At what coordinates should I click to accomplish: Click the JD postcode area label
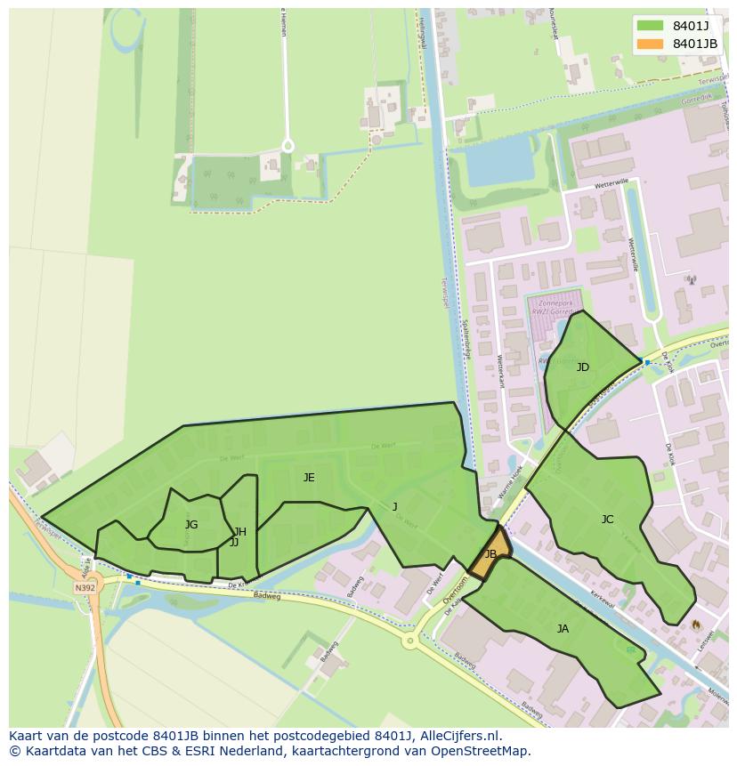pos(583,367)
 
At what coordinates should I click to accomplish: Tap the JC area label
pos(607,520)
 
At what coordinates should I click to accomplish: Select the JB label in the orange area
pos(490,554)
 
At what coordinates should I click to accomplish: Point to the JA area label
pos(563,629)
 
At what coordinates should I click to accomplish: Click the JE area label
pos(309,478)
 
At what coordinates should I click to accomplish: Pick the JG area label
pos(191,525)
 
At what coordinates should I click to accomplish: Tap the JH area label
pos(240,532)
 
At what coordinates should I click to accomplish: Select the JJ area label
pos(234,542)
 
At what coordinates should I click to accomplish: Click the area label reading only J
pos(395,507)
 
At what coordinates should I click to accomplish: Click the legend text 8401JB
pos(694,44)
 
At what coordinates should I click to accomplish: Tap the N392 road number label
pos(85,588)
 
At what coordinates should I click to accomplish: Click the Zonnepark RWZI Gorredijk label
pos(556,307)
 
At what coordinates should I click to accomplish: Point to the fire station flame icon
pos(695,625)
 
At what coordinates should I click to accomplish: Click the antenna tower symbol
pos(691,280)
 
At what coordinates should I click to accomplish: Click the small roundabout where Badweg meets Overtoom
pos(410,640)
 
